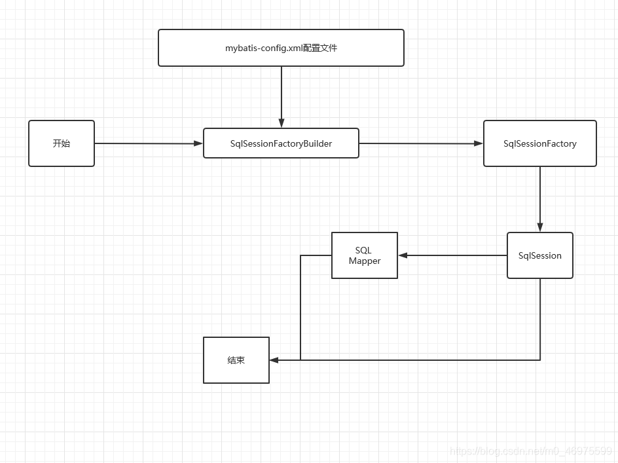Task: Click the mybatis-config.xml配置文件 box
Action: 281,48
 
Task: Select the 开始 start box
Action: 62,143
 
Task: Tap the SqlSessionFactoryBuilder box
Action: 281,143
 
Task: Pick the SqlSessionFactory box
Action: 539,143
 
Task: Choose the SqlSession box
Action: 539,255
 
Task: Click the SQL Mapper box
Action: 364,255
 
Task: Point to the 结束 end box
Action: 236,360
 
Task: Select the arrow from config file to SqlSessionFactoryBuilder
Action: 282,95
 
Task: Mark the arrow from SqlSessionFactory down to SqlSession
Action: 540,196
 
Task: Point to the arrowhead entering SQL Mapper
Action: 403,255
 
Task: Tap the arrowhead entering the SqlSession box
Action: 540,227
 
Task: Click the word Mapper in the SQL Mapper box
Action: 365,261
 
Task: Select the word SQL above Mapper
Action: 363,250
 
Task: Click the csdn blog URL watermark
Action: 531,451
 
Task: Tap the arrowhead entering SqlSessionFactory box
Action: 479,143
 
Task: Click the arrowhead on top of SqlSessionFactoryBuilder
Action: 282,123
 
